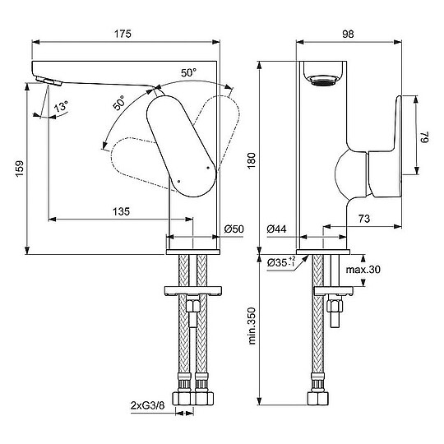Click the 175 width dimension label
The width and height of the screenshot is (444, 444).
click(123, 34)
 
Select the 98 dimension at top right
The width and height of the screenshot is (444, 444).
click(348, 34)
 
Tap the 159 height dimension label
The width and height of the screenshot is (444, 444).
click(20, 169)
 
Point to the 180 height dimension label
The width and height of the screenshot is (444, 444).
click(251, 160)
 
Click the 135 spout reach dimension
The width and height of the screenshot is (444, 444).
click(121, 211)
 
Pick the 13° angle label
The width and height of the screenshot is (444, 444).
click(61, 107)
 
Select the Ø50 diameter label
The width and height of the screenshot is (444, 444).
click(234, 229)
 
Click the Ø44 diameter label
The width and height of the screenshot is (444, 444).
click(276, 229)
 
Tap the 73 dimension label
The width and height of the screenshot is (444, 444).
click(364, 219)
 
